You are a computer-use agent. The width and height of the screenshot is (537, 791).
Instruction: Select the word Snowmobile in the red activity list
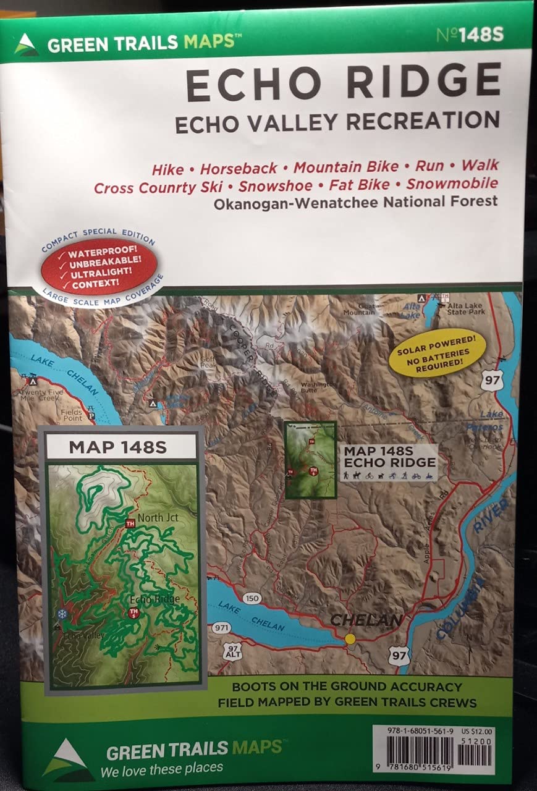pos(452,184)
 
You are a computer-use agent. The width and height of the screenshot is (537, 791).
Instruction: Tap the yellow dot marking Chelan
pos(350,639)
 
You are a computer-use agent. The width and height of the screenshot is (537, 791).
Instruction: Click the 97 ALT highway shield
pos(232,651)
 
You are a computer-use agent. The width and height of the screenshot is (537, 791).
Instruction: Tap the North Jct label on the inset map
pos(158,517)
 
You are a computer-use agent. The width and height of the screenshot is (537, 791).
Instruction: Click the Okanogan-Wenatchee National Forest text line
pos(355,201)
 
